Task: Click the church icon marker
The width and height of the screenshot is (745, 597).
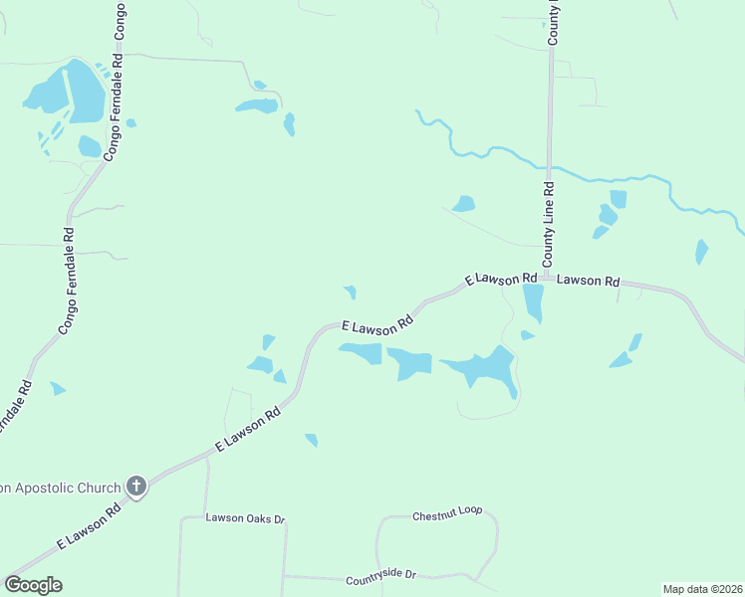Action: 136,487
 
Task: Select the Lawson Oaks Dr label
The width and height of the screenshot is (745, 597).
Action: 245,518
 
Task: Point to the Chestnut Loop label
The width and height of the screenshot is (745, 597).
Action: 447,513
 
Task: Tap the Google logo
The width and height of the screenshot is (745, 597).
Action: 33,585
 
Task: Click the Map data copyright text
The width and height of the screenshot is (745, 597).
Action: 702,589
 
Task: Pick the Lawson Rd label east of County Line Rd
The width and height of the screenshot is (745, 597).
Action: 588,281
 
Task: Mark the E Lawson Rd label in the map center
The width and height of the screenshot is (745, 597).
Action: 376,325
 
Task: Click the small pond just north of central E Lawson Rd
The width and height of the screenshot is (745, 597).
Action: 350,292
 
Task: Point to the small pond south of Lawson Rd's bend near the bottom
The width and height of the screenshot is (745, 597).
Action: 312,440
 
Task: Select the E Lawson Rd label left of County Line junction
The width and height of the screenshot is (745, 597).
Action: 501,279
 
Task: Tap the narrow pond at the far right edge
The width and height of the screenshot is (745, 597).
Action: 702,251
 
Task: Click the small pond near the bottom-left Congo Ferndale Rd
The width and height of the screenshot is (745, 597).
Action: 58,388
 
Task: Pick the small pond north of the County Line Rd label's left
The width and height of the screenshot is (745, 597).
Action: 464,204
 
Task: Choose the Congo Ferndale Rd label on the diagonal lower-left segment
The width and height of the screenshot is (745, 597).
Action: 66,283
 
